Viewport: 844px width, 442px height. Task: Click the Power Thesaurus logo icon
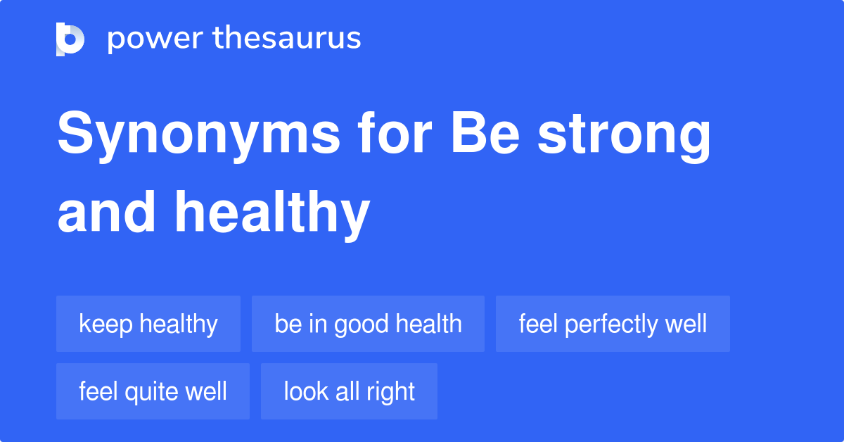[x=70, y=39]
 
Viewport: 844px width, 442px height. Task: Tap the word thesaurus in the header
[x=287, y=39]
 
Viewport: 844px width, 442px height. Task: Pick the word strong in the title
[x=625, y=137]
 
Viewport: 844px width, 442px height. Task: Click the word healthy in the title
[x=272, y=215]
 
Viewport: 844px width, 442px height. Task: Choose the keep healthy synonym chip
[x=148, y=324]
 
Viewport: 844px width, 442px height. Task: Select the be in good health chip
[x=368, y=324]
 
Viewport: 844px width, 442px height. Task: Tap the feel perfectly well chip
[x=613, y=324]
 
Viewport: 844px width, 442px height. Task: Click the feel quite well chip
[x=153, y=391]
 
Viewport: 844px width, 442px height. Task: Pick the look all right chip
[x=349, y=391]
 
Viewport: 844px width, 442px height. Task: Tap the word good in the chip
[x=362, y=324]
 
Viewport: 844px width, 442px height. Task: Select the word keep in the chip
[x=105, y=324]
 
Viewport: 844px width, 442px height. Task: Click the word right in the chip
[x=393, y=392]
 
